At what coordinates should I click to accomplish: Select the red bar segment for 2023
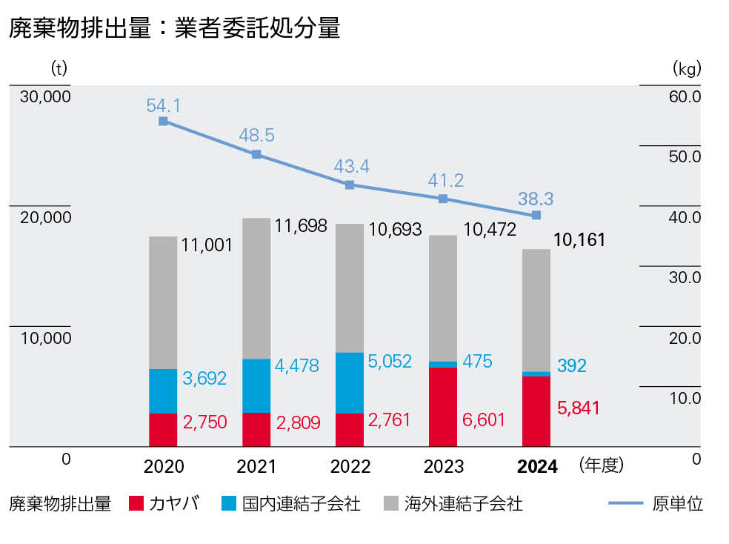pyautogui.click(x=443, y=407)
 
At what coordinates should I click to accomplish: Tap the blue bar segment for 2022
pyautogui.click(x=350, y=382)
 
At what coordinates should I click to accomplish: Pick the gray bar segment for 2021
pyautogui.click(x=256, y=288)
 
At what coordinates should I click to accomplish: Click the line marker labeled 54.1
pyautogui.click(x=163, y=121)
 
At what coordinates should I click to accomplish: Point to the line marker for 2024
pyautogui.click(x=536, y=215)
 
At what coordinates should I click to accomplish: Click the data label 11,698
pyautogui.click(x=301, y=226)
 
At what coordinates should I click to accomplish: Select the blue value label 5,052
pyautogui.click(x=393, y=361)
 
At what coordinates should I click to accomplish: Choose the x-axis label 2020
pyautogui.click(x=163, y=466)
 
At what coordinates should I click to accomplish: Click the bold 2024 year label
pyautogui.click(x=536, y=466)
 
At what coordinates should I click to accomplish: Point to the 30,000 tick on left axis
pyautogui.click(x=46, y=97)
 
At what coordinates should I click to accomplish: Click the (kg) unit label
pyautogui.click(x=686, y=69)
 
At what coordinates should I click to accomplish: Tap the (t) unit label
pyautogui.click(x=59, y=69)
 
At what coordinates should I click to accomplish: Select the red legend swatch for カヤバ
pyautogui.click(x=135, y=504)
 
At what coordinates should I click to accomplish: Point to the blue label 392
pyautogui.click(x=572, y=365)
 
